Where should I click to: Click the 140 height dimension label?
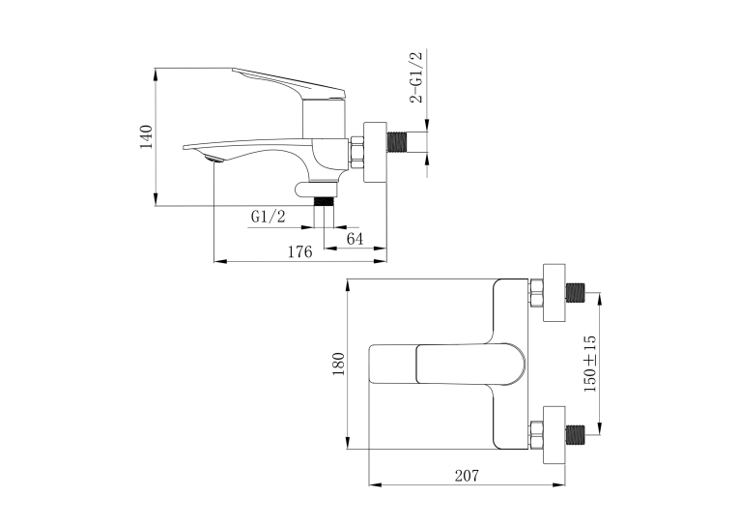tap(147, 136)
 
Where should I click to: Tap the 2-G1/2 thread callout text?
tap(416, 77)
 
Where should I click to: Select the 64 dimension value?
tap(355, 239)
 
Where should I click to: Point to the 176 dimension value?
tap(300, 251)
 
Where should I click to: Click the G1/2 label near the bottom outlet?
tap(269, 217)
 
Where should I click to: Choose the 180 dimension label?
tap(339, 364)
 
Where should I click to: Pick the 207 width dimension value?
tap(467, 476)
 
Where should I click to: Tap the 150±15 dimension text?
tap(590, 364)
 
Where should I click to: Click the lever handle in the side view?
tap(290, 84)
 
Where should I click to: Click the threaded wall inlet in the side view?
tap(396, 142)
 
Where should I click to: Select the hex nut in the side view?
tap(355, 153)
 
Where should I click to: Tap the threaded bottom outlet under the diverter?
tap(324, 201)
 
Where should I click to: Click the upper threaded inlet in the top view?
tap(575, 293)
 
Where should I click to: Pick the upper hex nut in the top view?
tap(536, 293)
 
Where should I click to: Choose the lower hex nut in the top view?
tap(536, 434)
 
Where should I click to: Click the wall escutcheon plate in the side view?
tap(375, 153)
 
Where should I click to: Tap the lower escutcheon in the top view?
tap(554, 434)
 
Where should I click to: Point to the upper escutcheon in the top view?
tap(554, 293)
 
